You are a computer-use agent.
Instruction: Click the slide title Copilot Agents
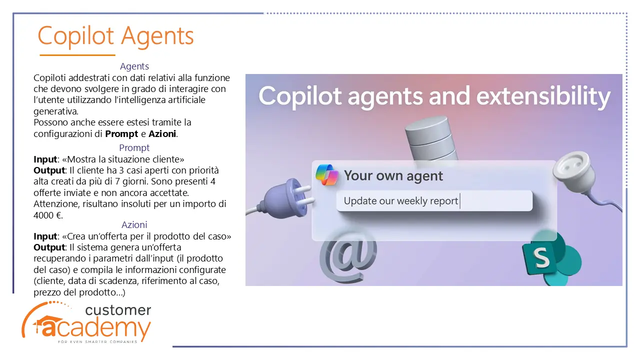[115, 36]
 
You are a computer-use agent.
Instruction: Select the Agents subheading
[134, 66]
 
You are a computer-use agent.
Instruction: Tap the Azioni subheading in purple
[134, 225]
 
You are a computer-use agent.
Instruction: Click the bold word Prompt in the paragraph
[121, 134]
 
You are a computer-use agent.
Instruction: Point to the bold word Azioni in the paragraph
[162, 133]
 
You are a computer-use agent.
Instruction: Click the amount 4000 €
[47, 215]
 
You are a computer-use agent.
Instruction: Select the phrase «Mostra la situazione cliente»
[123, 159]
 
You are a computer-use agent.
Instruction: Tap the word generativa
[55, 111]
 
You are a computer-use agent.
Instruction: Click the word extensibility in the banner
[543, 96]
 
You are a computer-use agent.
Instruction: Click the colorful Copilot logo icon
[327, 175]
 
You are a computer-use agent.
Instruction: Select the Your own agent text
[393, 175]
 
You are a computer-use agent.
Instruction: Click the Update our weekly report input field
[434, 201]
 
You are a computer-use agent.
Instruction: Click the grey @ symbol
[347, 258]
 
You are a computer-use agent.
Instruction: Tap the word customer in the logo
[118, 310]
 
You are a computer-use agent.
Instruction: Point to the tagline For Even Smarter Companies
[97, 341]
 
